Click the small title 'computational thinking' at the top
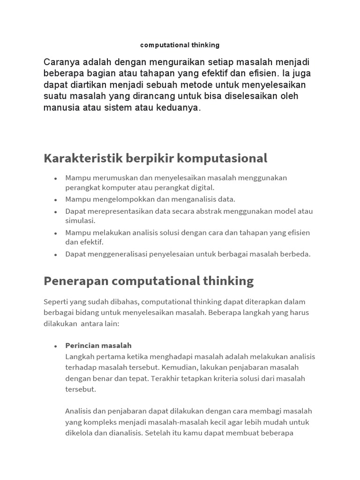(x=180, y=45)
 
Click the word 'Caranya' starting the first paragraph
(x=60, y=62)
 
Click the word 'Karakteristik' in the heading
(x=83, y=158)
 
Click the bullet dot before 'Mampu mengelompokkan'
(x=55, y=200)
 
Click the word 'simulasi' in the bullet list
(x=79, y=220)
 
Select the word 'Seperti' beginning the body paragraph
(x=55, y=301)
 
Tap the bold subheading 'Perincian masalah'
(x=98, y=345)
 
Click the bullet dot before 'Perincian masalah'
(x=55, y=346)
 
